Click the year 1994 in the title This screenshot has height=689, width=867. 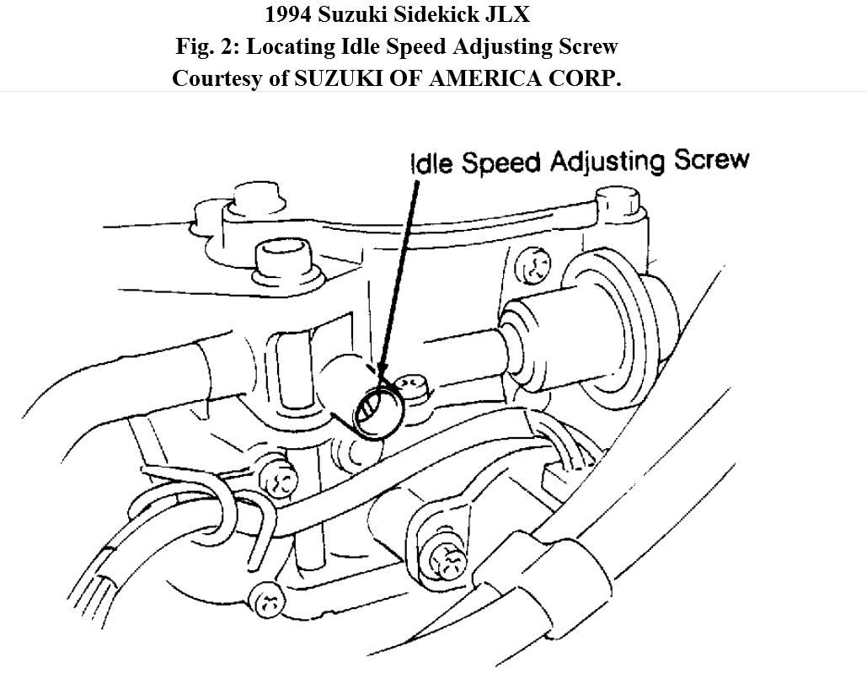[x=288, y=14]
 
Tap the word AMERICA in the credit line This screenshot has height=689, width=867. [x=481, y=78]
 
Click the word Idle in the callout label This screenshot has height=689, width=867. [x=430, y=162]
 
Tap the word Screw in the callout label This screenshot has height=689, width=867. [x=712, y=159]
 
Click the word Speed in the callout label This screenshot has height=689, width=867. [x=501, y=162]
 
